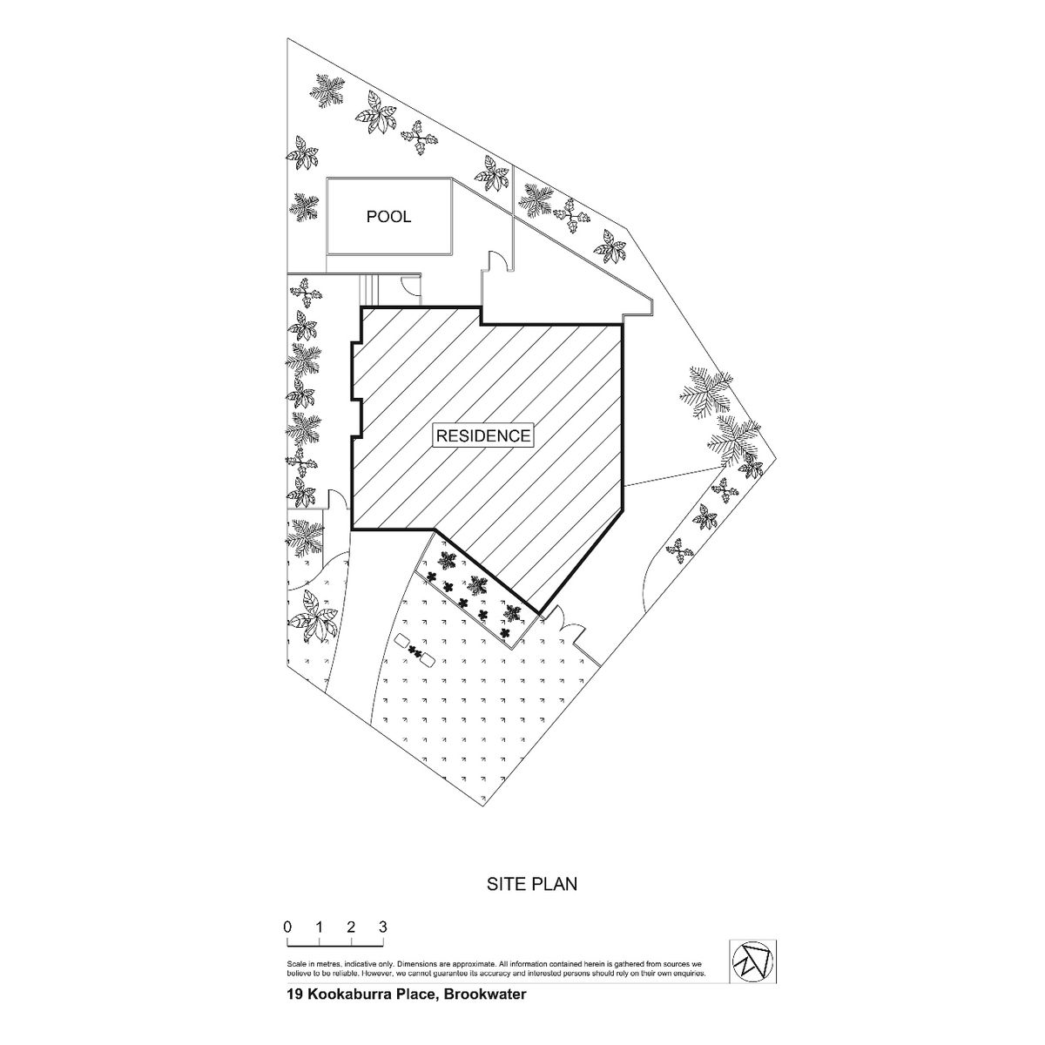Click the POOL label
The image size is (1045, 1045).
(x=388, y=217)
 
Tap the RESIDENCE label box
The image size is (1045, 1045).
(x=482, y=435)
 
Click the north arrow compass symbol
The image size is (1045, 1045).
(x=752, y=961)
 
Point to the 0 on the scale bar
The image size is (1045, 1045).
(x=287, y=927)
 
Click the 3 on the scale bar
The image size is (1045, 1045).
(x=383, y=927)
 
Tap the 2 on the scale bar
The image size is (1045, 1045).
(x=351, y=927)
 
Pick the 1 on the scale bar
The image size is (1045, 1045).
(x=319, y=927)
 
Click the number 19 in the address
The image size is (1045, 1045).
(x=295, y=1009)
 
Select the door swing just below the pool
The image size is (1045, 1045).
(x=410, y=284)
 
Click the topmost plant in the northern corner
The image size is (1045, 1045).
(x=328, y=90)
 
